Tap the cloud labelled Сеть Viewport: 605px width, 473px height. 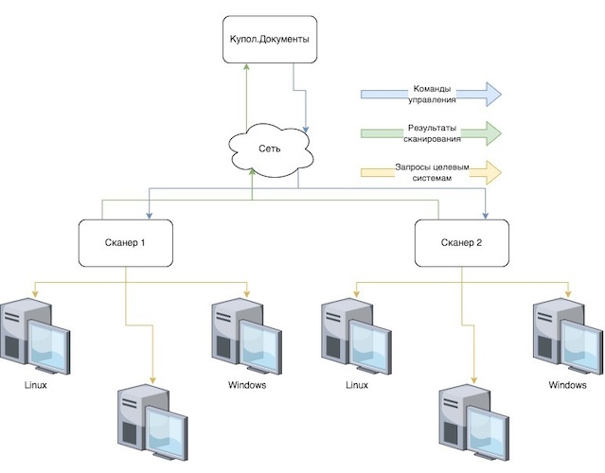[x=270, y=148]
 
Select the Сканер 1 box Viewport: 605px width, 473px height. [x=125, y=242]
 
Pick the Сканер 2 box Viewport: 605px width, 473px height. [x=461, y=242]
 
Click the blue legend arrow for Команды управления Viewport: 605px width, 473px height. [x=431, y=94]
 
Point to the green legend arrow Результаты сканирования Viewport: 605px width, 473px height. [x=431, y=132]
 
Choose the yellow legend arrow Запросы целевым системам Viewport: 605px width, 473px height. [x=431, y=172]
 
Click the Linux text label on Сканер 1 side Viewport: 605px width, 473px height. [x=35, y=385]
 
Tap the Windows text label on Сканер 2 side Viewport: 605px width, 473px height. [x=567, y=385]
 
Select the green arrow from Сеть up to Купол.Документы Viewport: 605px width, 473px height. [x=245, y=95]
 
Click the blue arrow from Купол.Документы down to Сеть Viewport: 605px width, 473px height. [x=306, y=104]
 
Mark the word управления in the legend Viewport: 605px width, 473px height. [x=431, y=99]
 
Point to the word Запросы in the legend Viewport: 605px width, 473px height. [x=413, y=166]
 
